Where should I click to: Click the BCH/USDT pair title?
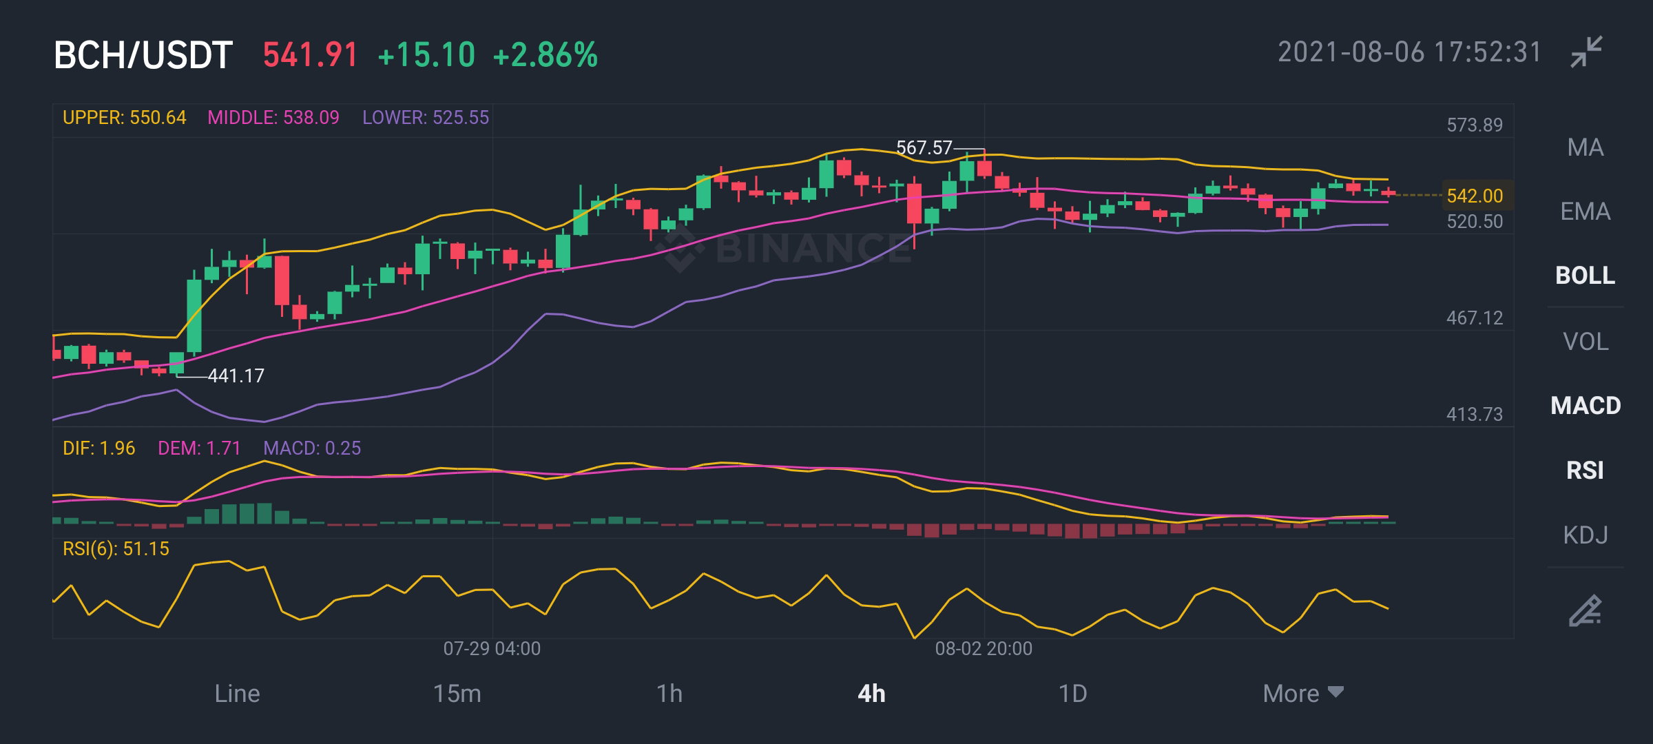coord(143,55)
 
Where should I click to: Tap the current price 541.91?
coord(311,55)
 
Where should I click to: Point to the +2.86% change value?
coord(545,55)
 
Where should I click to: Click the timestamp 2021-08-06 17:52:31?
coord(1410,52)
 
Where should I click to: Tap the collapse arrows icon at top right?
coord(1587,52)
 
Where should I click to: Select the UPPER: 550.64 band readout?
coord(125,118)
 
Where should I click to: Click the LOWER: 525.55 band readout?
coord(426,118)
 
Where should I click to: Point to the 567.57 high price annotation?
coord(924,147)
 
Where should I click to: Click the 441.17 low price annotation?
coord(236,375)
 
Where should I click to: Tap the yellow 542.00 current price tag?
coord(1475,196)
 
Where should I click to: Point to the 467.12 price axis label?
coord(1475,318)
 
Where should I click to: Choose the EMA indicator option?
coord(1586,211)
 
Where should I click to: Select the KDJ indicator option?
coord(1586,535)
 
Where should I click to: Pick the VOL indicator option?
coord(1586,342)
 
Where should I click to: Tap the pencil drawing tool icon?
coord(1586,610)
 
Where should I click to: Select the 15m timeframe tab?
coord(457,693)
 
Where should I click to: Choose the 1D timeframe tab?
coord(1072,693)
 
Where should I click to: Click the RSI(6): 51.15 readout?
coord(116,549)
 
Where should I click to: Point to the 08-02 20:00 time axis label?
coord(984,648)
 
